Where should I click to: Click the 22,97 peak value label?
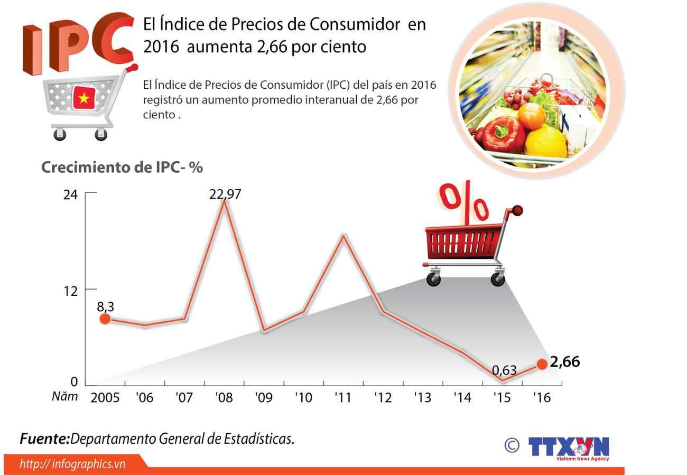[x=225, y=194]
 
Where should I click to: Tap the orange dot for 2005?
[x=105, y=319]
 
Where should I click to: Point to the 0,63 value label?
[x=504, y=370]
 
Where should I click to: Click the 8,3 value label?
[x=106, y=306]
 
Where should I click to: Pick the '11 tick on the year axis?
[x=343, y=397]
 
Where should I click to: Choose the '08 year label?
[x=224, y=397]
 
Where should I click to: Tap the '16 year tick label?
[x=542, y=397]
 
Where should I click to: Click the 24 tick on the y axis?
[x=70, y=195]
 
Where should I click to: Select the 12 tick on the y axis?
[x=70, y=290]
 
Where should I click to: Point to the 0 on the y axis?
[x=74, y=382]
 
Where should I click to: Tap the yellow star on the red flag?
[x=83, y=97]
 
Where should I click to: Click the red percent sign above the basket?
[x=465, y=203]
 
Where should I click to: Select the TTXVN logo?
[x=569, y=448]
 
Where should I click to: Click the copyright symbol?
[x=511, y=445]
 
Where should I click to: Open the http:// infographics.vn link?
[x=73, y=464]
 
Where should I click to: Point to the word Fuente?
[x=45, y=439]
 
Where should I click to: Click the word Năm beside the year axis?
[x=65, y=396]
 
